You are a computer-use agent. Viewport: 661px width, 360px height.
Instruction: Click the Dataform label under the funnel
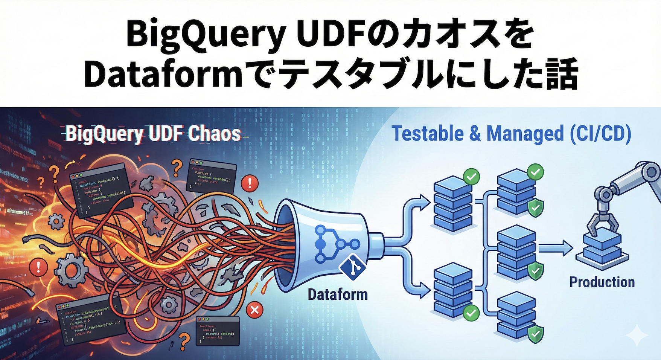click(337, 294)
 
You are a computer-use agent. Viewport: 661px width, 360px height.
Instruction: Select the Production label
click(602, 282)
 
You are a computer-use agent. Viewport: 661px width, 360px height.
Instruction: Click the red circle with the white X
click(254, 310)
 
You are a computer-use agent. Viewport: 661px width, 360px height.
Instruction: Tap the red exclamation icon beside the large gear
click(38, 267)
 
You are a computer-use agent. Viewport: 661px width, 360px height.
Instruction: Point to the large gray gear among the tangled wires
click(72, 270)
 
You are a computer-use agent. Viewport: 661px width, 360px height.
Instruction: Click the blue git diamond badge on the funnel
click(350, 268)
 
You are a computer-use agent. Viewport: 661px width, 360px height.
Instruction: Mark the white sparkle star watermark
click(636, 335)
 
